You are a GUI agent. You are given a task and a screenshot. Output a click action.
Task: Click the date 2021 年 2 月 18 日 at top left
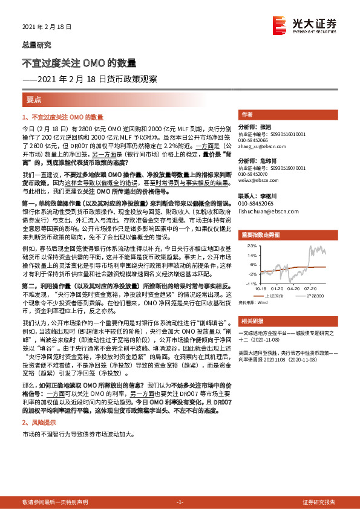[x=47, y=27]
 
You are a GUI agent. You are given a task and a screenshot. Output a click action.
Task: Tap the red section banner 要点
[x=34, y=99]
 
